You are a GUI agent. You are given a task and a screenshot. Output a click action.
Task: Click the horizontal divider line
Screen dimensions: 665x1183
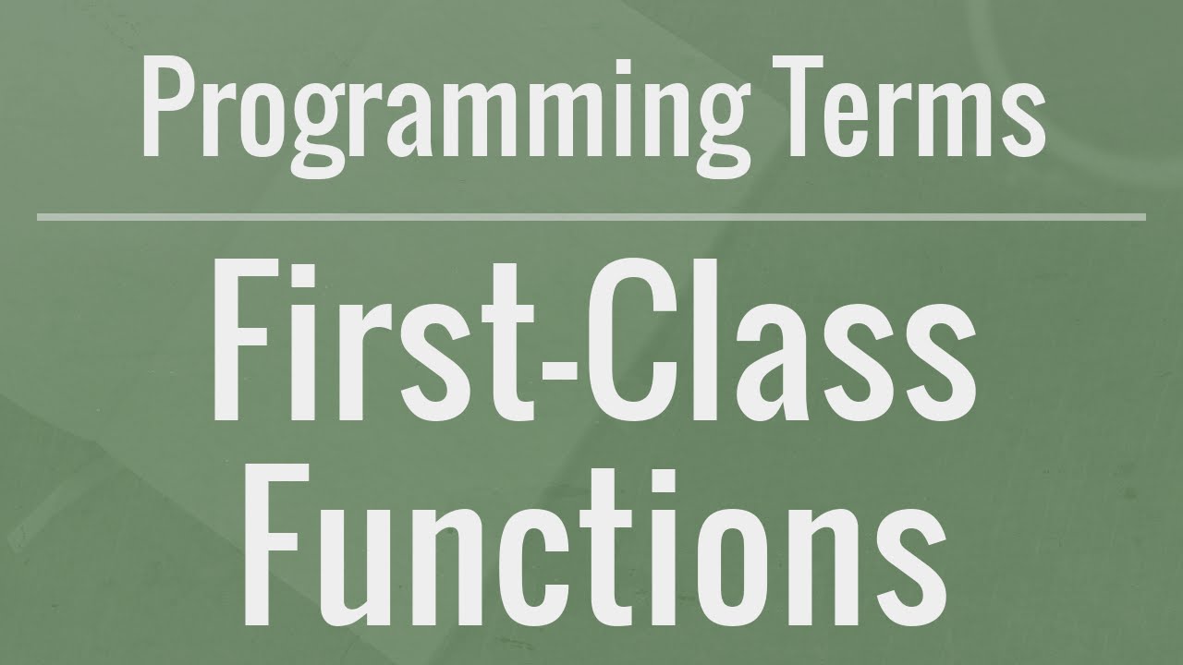591,217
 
